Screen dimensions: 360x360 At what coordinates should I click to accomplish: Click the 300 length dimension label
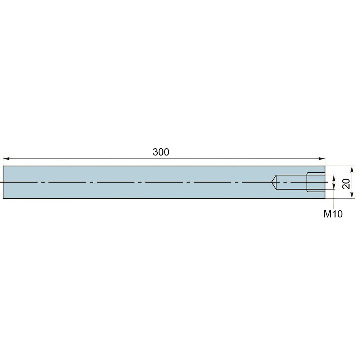pyautogui.click(x=161, y=152)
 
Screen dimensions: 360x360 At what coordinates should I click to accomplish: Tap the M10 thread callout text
pyautogui.click(x=333, y=214)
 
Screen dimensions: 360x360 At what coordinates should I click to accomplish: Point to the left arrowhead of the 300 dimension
pyautogui.click(x=6, y=159)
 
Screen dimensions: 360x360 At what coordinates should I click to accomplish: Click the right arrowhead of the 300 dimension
pyautogui.click(x=322, y=159)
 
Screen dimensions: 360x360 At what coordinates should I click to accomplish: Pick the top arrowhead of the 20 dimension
pyautogui.click(x=351, y=169)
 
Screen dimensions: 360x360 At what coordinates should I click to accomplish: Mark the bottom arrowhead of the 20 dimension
pyautogui.click(x=351, y=195)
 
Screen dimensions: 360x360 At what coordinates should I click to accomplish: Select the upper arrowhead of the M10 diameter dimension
pyautogui.click(x=334, y=178)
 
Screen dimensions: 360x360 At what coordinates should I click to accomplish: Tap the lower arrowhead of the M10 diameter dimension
pyautogui.click(x=334, y=186)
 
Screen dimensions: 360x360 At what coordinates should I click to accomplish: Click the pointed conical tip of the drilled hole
pyautogui.click(x=271, y=182)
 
